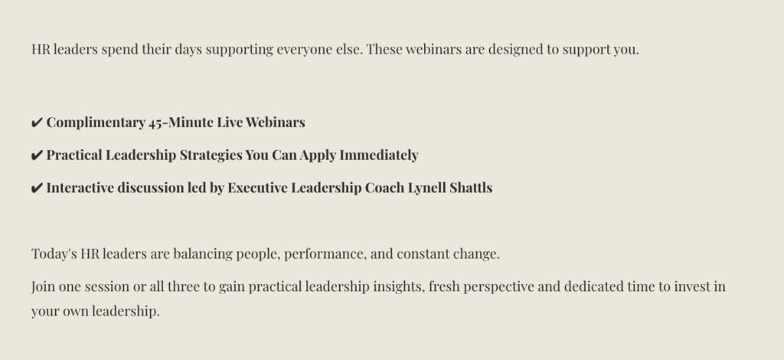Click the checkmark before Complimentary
[x=37, y=123]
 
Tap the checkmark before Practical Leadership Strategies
[x=37, y=155]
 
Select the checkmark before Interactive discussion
[x=37, y=188]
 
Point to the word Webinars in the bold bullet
[x=275, y=123]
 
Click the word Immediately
[x=379, y=155]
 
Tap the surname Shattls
[x=471, y=188]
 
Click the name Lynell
[x=427, y=188]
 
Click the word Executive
[x=257, y=188]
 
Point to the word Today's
[x=54, y=254]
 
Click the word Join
[x=44, y=286]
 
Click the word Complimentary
[x=96, y=123]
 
